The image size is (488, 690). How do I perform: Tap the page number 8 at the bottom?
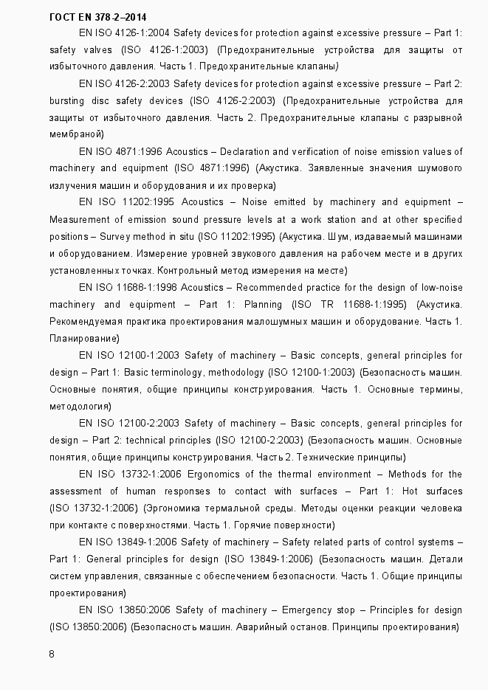point(52,654)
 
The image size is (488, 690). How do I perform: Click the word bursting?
point(68,100)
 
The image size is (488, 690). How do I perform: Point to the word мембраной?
point(75,134)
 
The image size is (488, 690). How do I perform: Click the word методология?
point(79,406)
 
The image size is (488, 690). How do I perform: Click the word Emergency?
point(317,610)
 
